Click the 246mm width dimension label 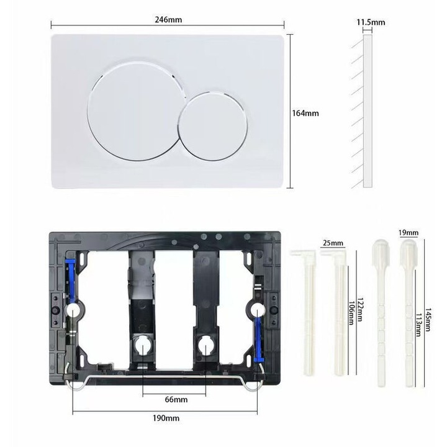(168, 20)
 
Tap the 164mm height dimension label (305, 113)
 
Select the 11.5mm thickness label (371, 22)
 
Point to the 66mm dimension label (176, 399)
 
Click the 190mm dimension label (166, 418)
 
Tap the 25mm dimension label (333, 243)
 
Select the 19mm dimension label (409, 233)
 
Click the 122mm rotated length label (360, 310)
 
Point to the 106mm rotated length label (351, 313)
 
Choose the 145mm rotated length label (428, 319)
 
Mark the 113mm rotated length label (418, 325)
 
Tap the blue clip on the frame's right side (258, 339)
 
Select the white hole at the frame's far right (257, 309)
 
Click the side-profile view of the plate (368, 111)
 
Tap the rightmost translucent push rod (409, 314)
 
